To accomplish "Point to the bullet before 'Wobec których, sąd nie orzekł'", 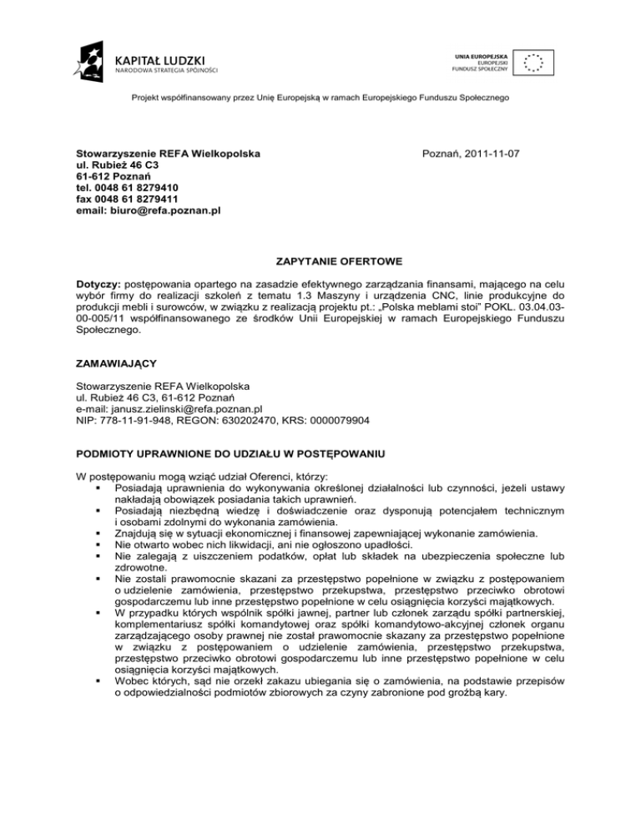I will coord(99,681).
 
